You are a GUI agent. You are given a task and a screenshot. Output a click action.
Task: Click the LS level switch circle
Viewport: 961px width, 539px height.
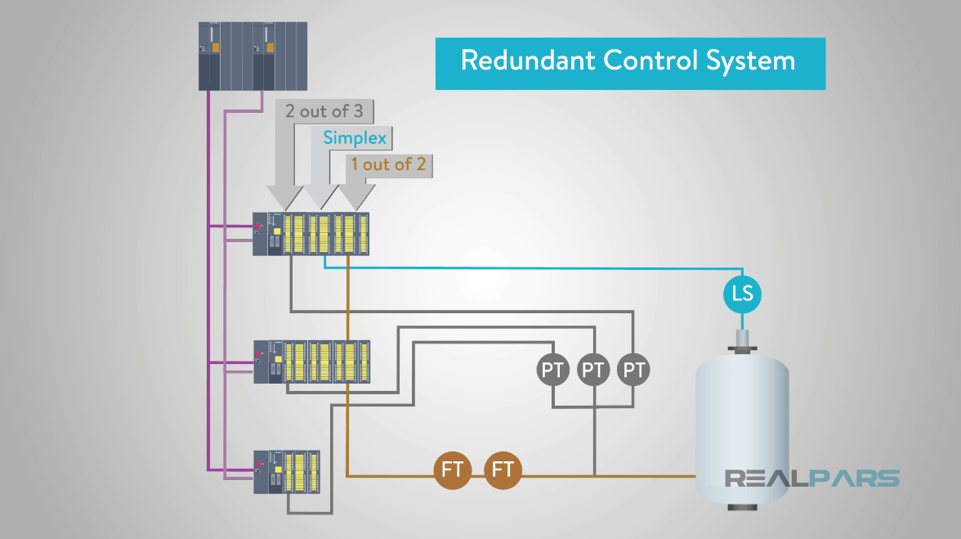[742, 293]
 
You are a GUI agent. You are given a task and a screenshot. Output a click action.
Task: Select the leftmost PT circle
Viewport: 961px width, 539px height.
[553, 370]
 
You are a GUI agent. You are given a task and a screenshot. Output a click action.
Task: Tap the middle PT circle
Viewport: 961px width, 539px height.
[593, 370]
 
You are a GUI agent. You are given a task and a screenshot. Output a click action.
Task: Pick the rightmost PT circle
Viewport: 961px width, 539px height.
[633, 370]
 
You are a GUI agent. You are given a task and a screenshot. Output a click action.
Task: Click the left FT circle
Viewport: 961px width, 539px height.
[453, 470]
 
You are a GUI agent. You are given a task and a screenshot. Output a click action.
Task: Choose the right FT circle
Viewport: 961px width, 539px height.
[503, 470]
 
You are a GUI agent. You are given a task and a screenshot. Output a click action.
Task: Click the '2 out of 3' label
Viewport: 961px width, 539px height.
[324, 111]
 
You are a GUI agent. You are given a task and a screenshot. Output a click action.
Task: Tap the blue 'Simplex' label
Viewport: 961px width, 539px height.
[354, 137]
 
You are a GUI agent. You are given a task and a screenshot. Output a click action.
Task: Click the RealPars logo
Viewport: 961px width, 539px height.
[812, 478]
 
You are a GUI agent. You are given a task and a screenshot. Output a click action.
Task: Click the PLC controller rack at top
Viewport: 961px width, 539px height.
[253, 56]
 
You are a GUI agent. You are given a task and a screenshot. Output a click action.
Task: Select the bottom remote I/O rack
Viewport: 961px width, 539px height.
[286, 471]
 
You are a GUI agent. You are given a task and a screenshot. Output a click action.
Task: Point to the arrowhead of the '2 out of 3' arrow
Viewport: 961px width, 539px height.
[285, 197]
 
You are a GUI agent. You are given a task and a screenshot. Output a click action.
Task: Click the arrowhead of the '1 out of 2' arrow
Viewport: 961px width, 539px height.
[355, 197]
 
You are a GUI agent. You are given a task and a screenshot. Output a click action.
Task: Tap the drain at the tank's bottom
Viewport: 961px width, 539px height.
[741, 507]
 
